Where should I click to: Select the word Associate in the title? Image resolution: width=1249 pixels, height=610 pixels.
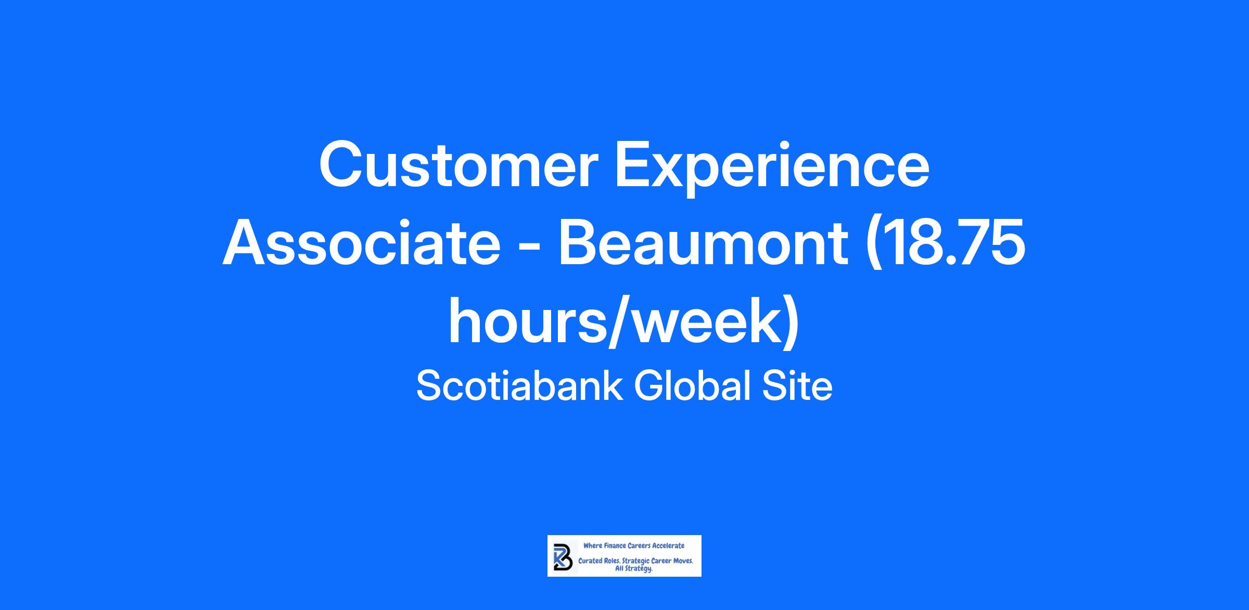[x=361, y=243]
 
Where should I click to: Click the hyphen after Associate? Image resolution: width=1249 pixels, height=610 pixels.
[x=529, y=248]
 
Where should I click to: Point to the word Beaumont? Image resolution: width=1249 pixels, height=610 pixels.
[x=703, y=243]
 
